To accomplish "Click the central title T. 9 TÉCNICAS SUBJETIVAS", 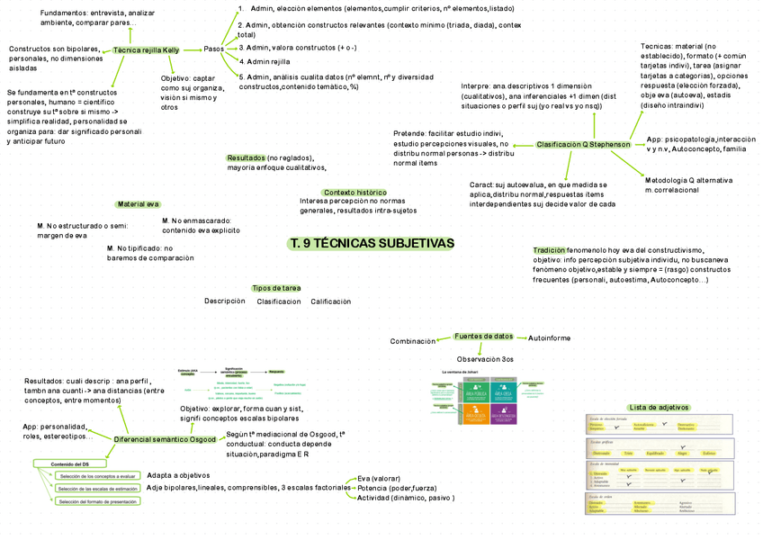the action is (x=372, y=244).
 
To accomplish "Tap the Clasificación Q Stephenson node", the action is (x=583, y=144).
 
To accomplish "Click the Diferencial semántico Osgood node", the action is (x=165, y=439).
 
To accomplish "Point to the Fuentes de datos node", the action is (x=484, y=336).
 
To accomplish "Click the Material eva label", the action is (x=138, y=204).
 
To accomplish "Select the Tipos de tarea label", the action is (x=276, y=288).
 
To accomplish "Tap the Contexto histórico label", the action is (x=355, y=193).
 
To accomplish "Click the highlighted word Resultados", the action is (x=246, y=157).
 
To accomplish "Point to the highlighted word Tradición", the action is (x=549, y=250).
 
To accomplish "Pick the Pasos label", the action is (x=214, y=48).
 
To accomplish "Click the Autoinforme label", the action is (x=549, y=337).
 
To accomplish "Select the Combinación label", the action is (x=413, y=341).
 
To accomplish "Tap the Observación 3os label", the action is (x=485, y=359).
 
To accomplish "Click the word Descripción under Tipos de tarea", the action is (x=224, y=301).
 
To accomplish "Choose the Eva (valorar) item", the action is (x=379, y=478).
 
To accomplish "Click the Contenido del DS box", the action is (x=62, y=463).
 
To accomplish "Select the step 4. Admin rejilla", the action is (x=267, y=61).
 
